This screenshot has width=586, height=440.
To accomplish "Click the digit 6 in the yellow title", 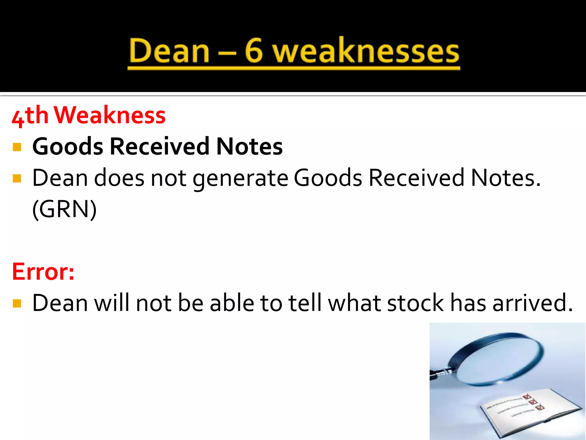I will click(x=254, y=51).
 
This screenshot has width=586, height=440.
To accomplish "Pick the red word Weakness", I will click(x=110, y=115).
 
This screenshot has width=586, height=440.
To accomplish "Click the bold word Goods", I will click(x=68, y=146).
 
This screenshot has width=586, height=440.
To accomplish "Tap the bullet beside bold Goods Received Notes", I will click(x=17, y=147).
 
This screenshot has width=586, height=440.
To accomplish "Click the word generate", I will click(x=240, y=178).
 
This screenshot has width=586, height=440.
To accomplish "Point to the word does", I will click(x=119, y=178).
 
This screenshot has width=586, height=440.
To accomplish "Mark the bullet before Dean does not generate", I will click(x=17, y=178).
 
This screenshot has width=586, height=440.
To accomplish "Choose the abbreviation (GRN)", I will click(x=64, y=209).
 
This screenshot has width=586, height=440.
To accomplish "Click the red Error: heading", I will click(x=43, y=271).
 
